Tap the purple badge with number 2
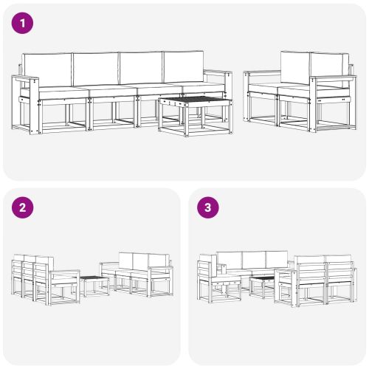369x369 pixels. pyautogui.click(x=24, y=208)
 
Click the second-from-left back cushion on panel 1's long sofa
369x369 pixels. pyautogui.click(x=94, y=70)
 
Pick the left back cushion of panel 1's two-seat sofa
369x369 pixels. pyautogui.click(x=294, y=69)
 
